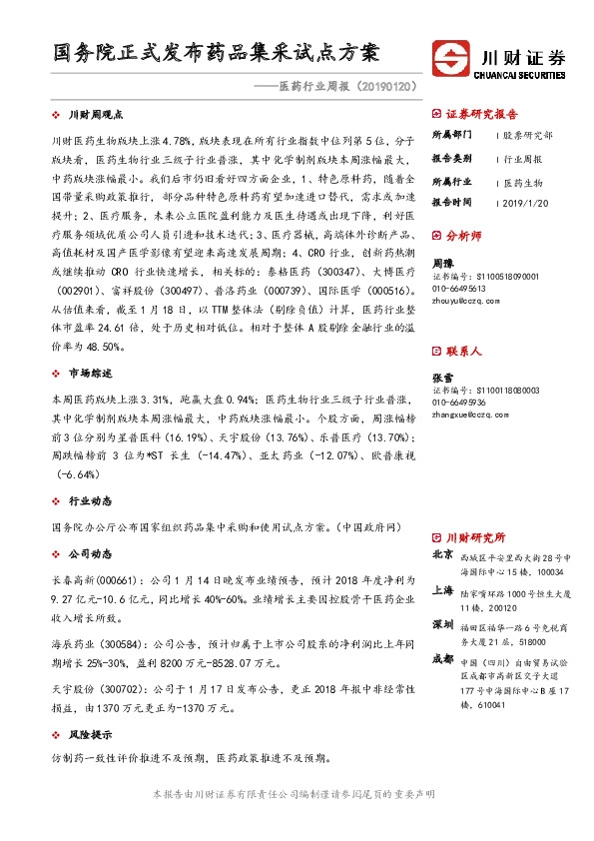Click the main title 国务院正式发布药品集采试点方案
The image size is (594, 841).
[x=218, y=51]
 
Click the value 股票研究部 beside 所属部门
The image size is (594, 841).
[x=527, y=135]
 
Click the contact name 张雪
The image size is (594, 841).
[x=440, y=377]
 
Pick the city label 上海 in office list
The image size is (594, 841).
[x=441, y=590]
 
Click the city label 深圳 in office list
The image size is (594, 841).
[x=441, y=624]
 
